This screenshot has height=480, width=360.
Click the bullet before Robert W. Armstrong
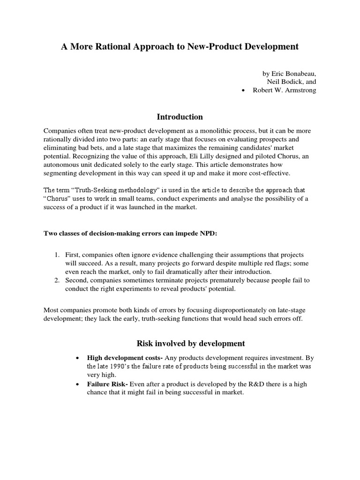[x=242, y=90]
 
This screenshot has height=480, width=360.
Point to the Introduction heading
[x=180, y=117]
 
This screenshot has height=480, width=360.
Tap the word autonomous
[x=63, y=165]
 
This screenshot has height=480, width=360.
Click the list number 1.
[x=56, y=255]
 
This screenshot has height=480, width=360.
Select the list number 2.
[x=56, y=280]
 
